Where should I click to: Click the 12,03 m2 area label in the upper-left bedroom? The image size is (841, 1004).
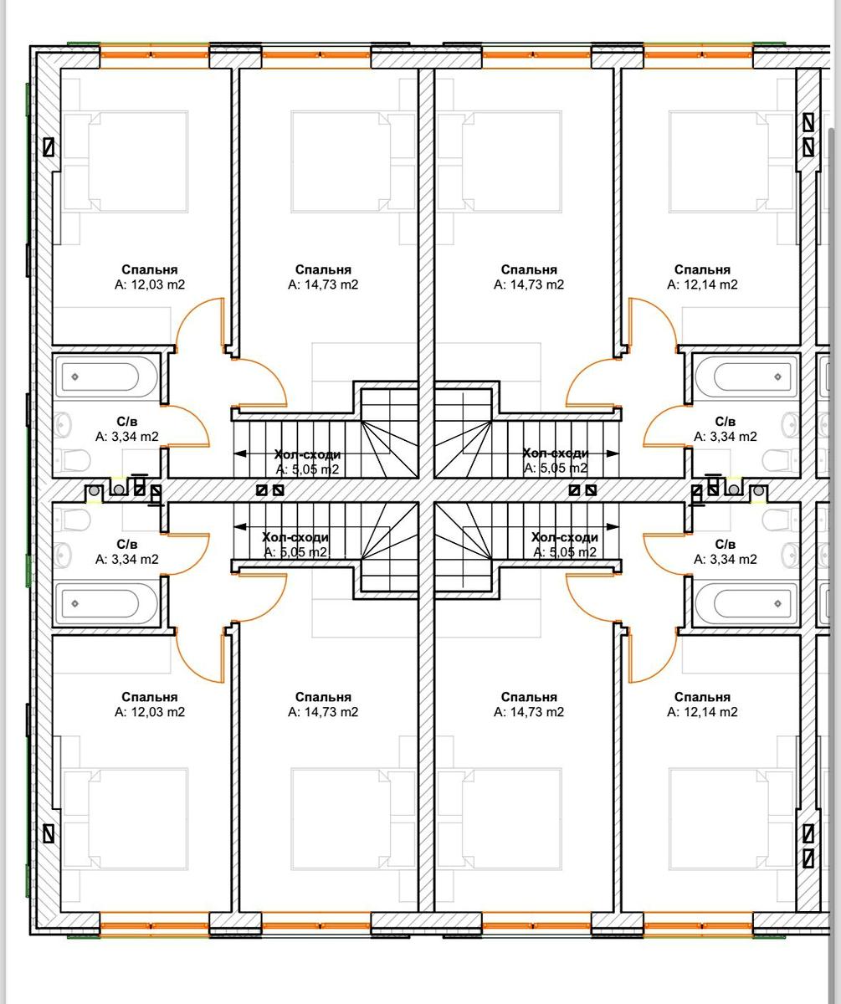pos(150,284)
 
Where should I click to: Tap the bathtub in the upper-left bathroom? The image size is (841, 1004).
pos(106,376)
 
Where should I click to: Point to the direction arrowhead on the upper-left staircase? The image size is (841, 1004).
pos(240,453)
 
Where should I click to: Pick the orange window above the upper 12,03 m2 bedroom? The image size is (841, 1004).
pos(155,55)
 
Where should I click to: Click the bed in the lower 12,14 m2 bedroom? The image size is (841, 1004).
pos(731,819)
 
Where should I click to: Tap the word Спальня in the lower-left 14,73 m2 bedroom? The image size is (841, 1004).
pos(323,697)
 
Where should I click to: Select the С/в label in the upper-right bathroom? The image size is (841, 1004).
pos(726,422)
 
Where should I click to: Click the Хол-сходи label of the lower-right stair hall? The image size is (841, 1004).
pos(565,537)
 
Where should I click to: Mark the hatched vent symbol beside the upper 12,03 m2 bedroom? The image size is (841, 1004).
pos(49,147)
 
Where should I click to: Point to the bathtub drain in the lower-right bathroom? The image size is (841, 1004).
pos(778,603)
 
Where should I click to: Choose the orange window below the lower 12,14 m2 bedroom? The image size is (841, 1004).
pos(698,925)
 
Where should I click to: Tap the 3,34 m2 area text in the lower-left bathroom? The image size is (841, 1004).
pos(127,559)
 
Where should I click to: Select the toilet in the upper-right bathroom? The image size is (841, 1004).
pos(782,461)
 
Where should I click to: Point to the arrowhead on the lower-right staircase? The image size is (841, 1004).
pos(613,526)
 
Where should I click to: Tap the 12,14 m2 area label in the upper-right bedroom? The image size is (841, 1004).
pos(702,284)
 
